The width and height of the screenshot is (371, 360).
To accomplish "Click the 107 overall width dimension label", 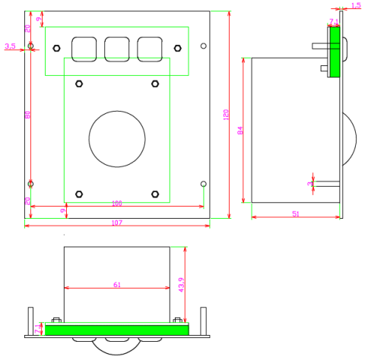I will tap(116, 223).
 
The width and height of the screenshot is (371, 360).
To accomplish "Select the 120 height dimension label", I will tap(226, 115).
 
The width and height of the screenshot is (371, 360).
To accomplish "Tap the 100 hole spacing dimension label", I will tap(116, 204).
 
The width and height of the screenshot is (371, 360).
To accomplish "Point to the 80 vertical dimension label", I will tap(27, 115).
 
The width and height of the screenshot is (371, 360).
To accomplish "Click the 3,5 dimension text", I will tap(10, 46).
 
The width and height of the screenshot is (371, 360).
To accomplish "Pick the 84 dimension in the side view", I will tap(241, 131).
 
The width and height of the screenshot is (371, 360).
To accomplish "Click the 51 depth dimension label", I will tap(294, 213).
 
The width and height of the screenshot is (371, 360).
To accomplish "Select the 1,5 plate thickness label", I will tap(357, 5).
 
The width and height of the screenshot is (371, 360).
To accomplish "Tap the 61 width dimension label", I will tap(116, 285).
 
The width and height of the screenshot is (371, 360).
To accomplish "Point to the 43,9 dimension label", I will tap(181, 284).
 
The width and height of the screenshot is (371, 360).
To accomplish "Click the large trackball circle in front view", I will tap(116, 139).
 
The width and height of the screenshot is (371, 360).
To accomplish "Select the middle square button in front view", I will tap(116, 49).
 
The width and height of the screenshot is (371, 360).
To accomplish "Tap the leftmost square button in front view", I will tap(84, 49).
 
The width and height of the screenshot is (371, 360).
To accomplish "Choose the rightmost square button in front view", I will tap(149, 49).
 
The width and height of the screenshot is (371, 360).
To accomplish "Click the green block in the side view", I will tap(334, 52).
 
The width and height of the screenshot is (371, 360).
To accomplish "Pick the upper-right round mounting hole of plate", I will tap(203, 46).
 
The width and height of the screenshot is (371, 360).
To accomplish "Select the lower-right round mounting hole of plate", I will tap(203, 184).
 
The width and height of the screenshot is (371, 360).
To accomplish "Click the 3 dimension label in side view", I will tap(310, 183).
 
